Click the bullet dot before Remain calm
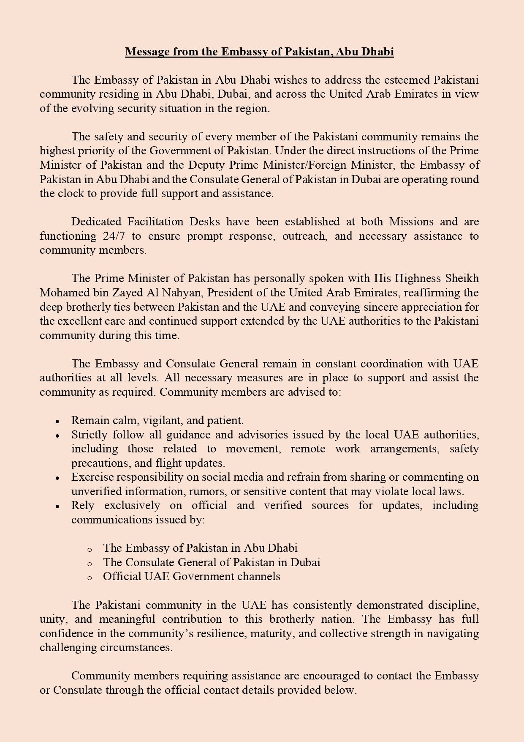[57, 422]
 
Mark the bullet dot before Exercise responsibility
[57, 478]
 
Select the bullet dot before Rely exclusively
[57, 507]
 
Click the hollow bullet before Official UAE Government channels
[90, 578]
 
